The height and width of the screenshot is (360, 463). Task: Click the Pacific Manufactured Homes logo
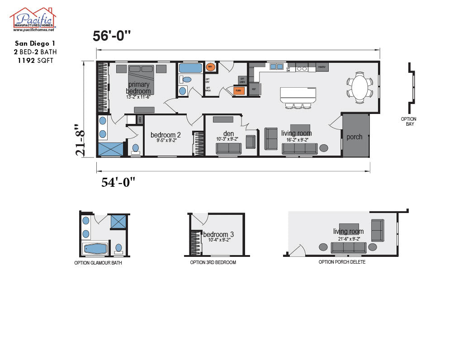[33, 19]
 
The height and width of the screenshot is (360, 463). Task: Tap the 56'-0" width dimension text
[112, 36]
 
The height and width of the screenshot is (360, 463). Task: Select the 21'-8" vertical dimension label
[80, 140]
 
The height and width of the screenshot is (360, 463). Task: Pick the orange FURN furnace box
[239, 90]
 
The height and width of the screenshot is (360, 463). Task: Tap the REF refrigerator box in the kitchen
[254, 89]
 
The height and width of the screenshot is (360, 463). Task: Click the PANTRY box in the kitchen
[322, 67]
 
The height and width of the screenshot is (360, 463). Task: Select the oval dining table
[359, 87]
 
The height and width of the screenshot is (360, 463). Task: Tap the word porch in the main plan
[354, 137]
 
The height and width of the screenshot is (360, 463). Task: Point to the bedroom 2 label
[165, 135]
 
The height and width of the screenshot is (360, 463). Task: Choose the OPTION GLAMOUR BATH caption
[98, 263]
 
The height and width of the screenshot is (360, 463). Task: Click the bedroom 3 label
[218, 234]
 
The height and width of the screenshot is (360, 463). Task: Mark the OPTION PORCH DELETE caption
[342, 262]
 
